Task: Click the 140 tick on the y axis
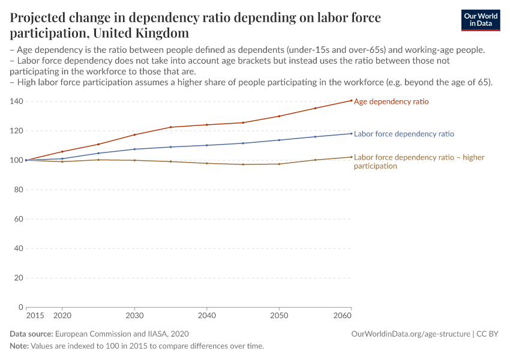[16, 101]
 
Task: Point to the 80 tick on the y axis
[19, 190]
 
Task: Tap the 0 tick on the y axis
[20, 307]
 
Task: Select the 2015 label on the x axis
[35, 315]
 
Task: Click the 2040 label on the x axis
[207, 315]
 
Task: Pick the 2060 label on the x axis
[343, 315]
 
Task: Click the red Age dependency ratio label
[391, 101]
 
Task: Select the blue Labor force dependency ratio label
[404, 134]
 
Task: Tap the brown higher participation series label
[419, 161]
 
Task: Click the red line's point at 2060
[351, 100]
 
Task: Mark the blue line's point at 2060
[351, 133]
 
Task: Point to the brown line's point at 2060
[351, 157]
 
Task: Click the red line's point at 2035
[171, 127]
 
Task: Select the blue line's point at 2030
[134, 149]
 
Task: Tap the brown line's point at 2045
[243, 164]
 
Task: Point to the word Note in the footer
[19, 346]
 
